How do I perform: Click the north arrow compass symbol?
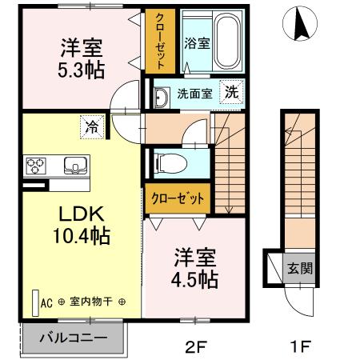point(300,23)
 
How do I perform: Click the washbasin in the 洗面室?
point(162,98)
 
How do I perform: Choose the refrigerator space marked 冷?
point(92,127)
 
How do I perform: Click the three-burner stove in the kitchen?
point(36,166)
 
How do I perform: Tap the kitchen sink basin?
point(75,166)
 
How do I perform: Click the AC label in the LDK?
point(46,303)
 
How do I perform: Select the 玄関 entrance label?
point(300,268)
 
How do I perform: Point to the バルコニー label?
point(74,338)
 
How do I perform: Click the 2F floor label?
point(196,346)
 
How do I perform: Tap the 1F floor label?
point(301,346)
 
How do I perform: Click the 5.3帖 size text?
point(81,70)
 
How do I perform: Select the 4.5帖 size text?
point(194,280)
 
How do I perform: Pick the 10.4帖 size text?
point(82,236)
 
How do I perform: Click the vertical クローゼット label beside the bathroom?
point(160,42)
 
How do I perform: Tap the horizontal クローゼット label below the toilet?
point(178,198)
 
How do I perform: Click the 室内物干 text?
point(91,302)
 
